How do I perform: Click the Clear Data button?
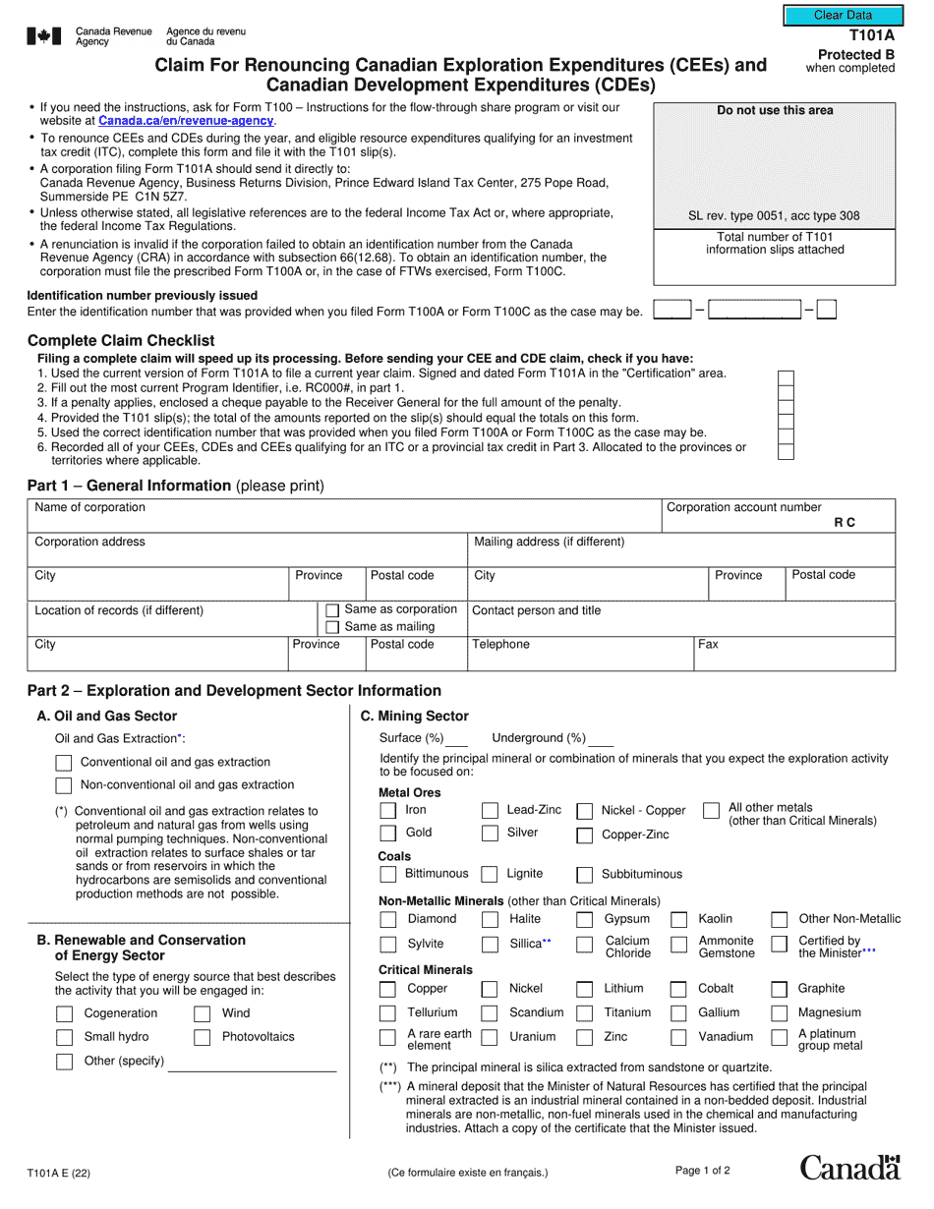[x=843, y=16]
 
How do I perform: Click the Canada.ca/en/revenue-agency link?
[x=187, y=121]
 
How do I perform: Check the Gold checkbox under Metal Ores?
[x=387, y=834]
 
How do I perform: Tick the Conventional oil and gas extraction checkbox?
[x=64, y=763]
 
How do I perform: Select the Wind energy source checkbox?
[x=202, y=1014]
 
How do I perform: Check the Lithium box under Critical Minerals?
[x=584, y=989]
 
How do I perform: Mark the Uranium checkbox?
[x=490, y=1038]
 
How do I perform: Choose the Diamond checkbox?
[x=387, y=920]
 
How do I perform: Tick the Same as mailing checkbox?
[x=332, y=627]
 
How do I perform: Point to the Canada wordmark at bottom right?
[x=849, y=1168]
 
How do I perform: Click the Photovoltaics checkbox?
[x=202, y=1038]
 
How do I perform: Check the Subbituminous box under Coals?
[x=584, y=875]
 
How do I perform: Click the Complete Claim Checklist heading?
[x=121, y=341]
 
